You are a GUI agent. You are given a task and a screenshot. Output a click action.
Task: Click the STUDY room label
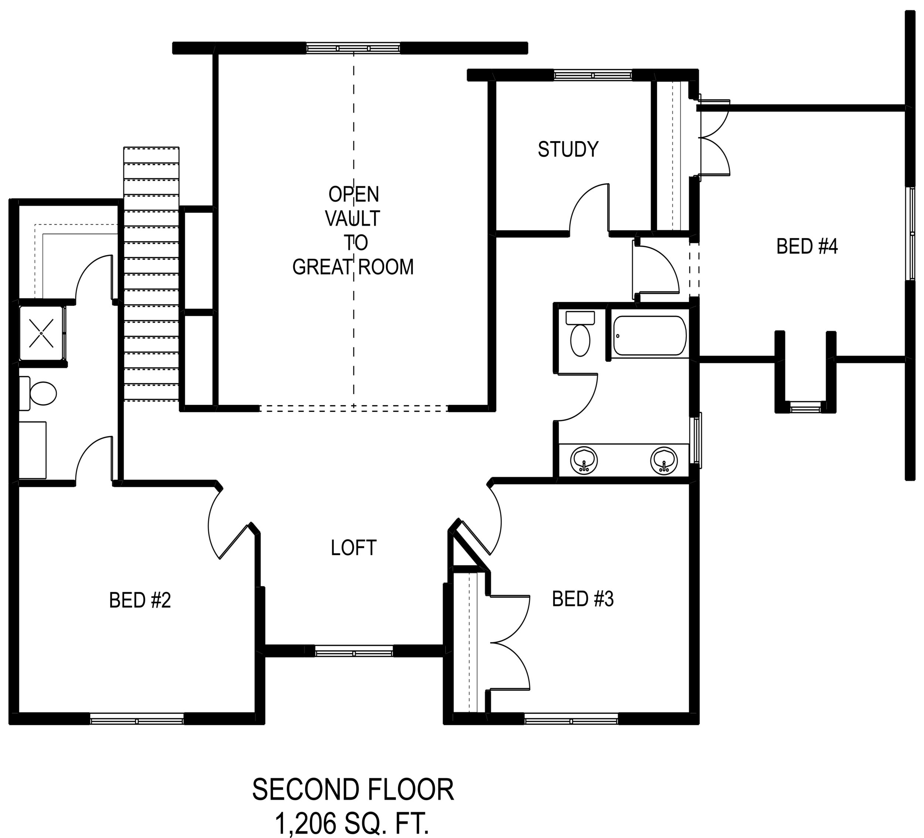pos(568,149)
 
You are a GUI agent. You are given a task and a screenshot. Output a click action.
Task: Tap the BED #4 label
pos(807,247)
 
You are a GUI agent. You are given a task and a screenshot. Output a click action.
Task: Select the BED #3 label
pos(582,599)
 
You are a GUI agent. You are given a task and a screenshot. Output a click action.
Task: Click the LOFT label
pos(353,548)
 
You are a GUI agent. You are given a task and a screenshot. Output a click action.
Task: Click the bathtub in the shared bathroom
pos(649,336)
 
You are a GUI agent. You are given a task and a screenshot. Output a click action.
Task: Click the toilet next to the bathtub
pos(580,333)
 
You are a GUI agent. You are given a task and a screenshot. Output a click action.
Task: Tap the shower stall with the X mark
pos(42,333)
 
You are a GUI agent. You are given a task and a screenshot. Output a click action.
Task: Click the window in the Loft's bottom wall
pos(354,651)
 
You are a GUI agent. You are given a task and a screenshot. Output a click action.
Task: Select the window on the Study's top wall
pos(592,75)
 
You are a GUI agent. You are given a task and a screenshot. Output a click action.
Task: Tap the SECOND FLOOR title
pos(353,790)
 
